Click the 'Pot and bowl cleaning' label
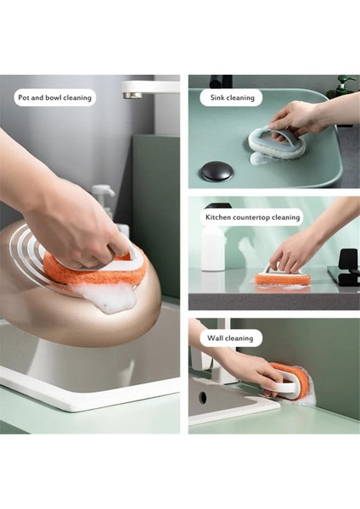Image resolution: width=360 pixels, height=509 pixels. [54, 98]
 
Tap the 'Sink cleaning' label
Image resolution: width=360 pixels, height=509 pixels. [231, 98]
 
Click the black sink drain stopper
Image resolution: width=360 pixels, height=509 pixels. [217, 171]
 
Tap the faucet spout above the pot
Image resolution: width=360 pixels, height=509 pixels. [136, 89]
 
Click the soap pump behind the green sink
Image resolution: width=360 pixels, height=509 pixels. [343, 86]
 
